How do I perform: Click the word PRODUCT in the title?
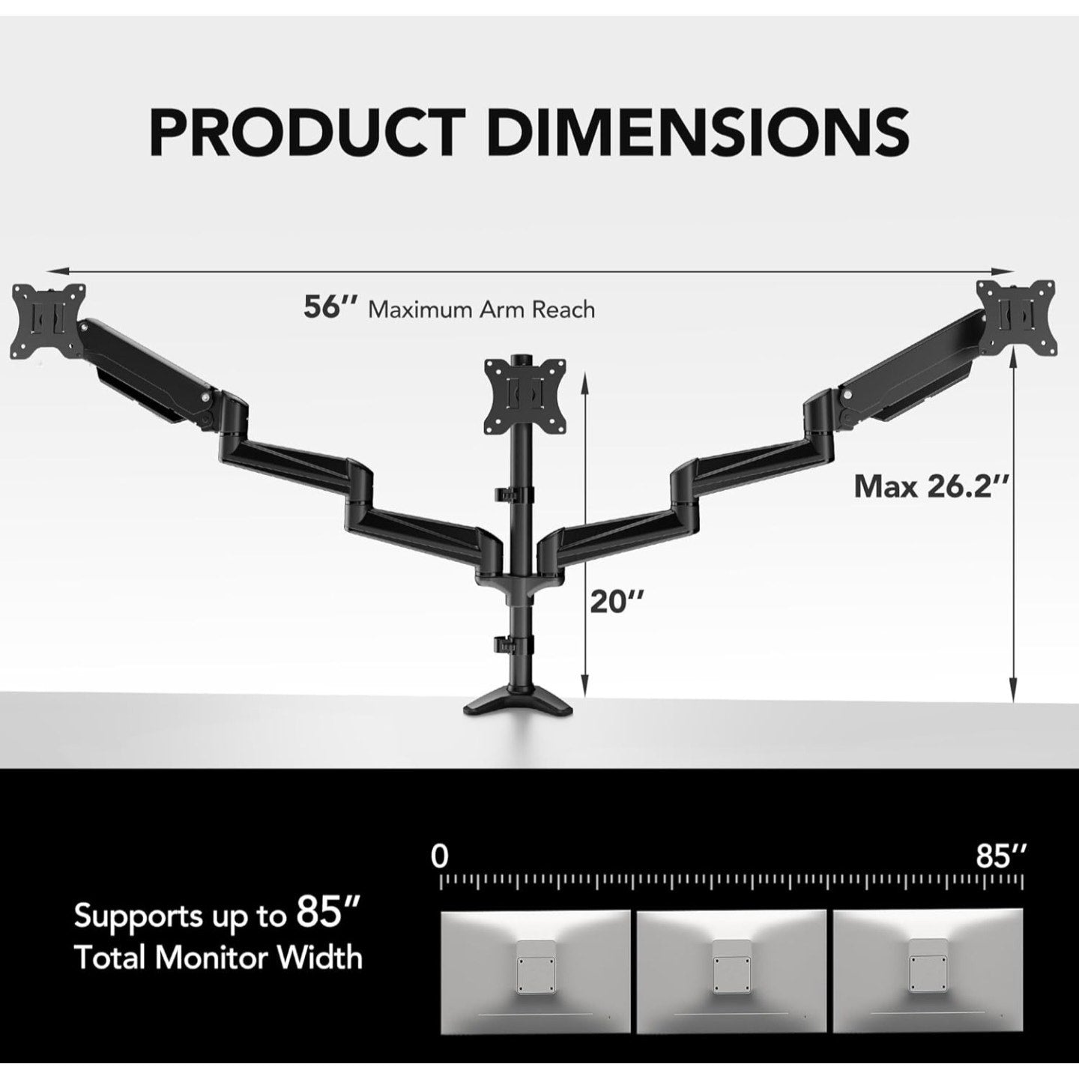click(x=308, y=132)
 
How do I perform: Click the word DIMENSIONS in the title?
click(x=699, y=132)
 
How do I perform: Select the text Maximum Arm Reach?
click(x=482, y=309)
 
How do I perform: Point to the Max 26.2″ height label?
click(x=933, y=486)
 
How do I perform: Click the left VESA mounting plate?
click(x=50, y=319)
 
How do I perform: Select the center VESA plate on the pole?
click(x=525, y=397)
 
